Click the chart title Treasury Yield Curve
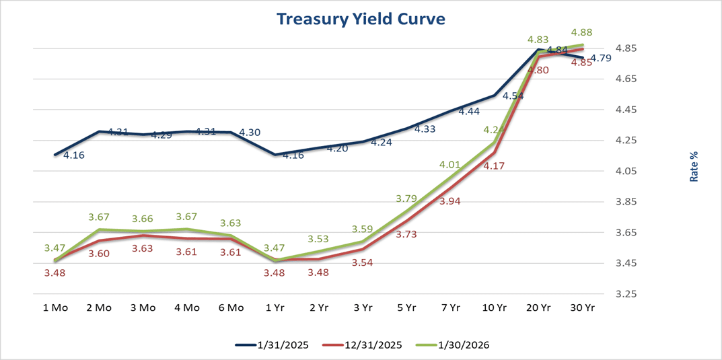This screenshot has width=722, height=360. pos(361,20)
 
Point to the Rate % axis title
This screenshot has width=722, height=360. pos(694,167)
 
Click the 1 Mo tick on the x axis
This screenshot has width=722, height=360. pos(55,308)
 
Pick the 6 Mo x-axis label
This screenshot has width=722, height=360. pos(231,308)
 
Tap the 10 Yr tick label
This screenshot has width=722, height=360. pos(494,308)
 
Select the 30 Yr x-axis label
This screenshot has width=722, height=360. pos(582,308)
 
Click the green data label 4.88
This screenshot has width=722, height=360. pos(581,32)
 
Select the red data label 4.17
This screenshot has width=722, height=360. pos(494,166)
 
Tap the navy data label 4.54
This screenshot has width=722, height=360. pos(513,96)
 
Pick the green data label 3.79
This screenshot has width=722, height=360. pos(406,199)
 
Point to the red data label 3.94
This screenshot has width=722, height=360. pos(450,201)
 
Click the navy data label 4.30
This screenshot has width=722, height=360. pos(250,133)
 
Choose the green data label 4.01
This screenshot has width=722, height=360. pos(450,164)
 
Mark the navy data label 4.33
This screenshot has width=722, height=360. pos(425,129)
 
